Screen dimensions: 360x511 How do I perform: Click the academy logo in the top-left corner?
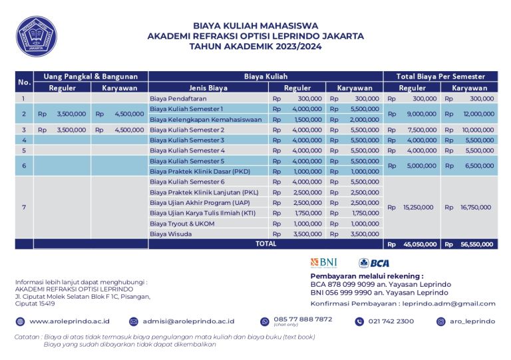point(37,36)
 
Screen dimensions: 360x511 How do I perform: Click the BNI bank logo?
point(324,263)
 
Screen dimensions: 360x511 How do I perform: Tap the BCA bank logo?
point(374,263)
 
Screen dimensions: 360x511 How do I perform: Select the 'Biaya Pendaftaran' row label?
point(175,98)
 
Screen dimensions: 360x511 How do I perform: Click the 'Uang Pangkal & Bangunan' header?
point(90,77)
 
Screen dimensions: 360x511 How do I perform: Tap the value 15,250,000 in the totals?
point(418,208)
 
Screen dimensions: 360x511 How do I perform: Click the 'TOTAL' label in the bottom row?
point(265,244)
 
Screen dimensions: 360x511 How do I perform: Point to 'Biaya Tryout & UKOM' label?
point(182,223)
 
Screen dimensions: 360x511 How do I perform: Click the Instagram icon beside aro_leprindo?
point(440,321)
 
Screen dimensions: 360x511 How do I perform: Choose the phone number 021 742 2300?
point(391,321)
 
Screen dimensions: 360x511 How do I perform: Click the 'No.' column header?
point(24,82)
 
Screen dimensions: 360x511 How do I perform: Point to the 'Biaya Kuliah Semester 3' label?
point(186,140)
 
